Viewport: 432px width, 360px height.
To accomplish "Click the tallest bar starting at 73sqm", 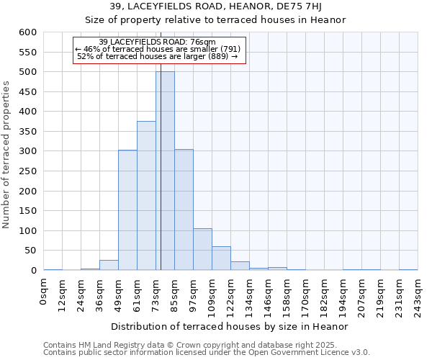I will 165,171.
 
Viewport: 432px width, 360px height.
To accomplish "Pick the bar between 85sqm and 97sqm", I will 184,210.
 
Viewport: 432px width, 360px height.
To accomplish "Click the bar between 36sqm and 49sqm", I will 109,265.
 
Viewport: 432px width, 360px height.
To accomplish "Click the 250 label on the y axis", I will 27,171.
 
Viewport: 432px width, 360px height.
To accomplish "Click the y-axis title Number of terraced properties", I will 7,154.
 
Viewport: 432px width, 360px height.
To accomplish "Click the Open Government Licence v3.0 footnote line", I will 207,352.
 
